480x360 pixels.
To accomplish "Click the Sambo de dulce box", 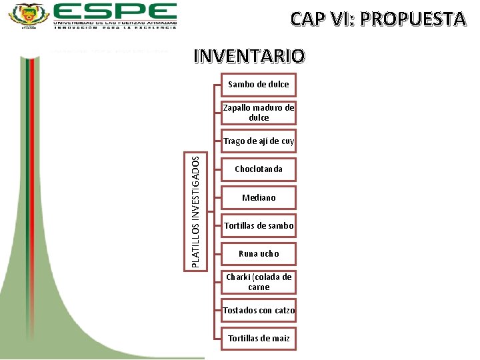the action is [259, 85].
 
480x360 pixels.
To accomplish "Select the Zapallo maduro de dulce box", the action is [259, 113].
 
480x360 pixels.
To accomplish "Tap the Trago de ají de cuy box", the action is [259, 141].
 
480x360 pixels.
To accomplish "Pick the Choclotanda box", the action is [259, 169].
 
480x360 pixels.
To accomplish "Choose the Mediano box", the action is [259, 197].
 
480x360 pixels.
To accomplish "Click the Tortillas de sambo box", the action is [259, 226].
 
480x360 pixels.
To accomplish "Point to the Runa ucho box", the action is [259, 254].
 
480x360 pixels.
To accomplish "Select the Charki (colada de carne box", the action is [259, 282].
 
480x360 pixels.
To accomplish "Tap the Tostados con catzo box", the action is [259, 311].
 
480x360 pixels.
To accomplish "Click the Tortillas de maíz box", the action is [259, 339].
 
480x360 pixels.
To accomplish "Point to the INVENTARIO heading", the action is [249, 56].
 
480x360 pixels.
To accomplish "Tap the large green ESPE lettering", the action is [115, 11].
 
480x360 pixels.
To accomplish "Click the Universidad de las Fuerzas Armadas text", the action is [115, 22].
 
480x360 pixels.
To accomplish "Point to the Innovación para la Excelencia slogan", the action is [115, 28].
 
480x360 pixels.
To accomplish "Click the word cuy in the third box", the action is [287, 141].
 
